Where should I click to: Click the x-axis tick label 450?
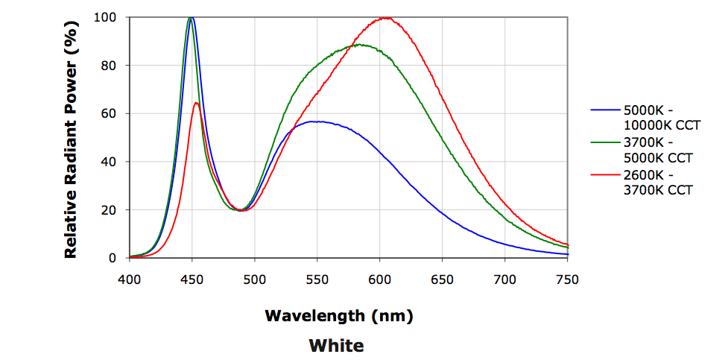[192, 280]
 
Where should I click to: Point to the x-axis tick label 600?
[380, 280]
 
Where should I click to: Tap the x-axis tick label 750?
[567, 280]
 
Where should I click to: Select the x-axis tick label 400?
[130, 280]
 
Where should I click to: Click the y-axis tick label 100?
[106, 17]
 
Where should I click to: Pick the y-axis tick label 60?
[109, 113]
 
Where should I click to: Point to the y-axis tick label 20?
[109, 210]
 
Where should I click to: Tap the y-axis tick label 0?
[113, 258]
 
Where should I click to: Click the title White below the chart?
[337, 346]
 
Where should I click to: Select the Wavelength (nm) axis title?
[339, 315]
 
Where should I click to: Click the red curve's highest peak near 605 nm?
[384, 18]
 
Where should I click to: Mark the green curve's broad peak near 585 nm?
[361, 45]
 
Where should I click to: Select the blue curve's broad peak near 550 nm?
[316, 121]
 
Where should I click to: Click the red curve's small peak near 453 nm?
[196, 103]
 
